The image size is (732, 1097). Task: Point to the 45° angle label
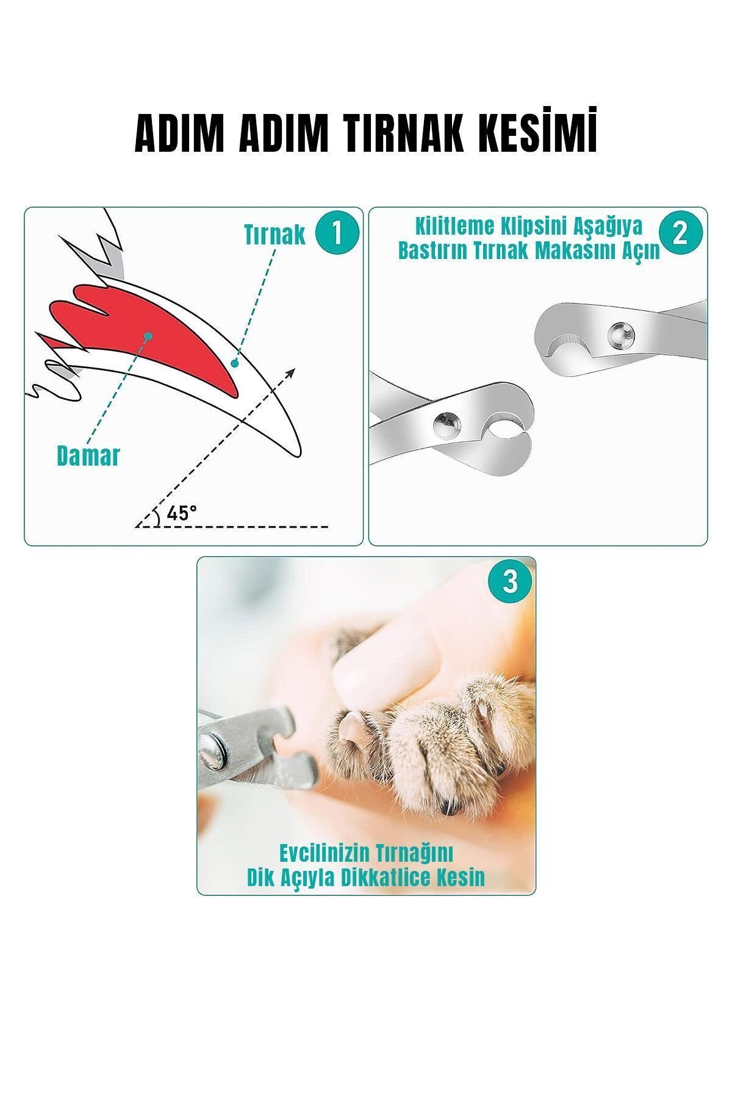coord(182,513)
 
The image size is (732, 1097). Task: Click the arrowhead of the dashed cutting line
coord(291,372)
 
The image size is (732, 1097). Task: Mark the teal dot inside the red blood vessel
coord(148,335)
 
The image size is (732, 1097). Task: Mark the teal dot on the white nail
coord(234,363)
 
